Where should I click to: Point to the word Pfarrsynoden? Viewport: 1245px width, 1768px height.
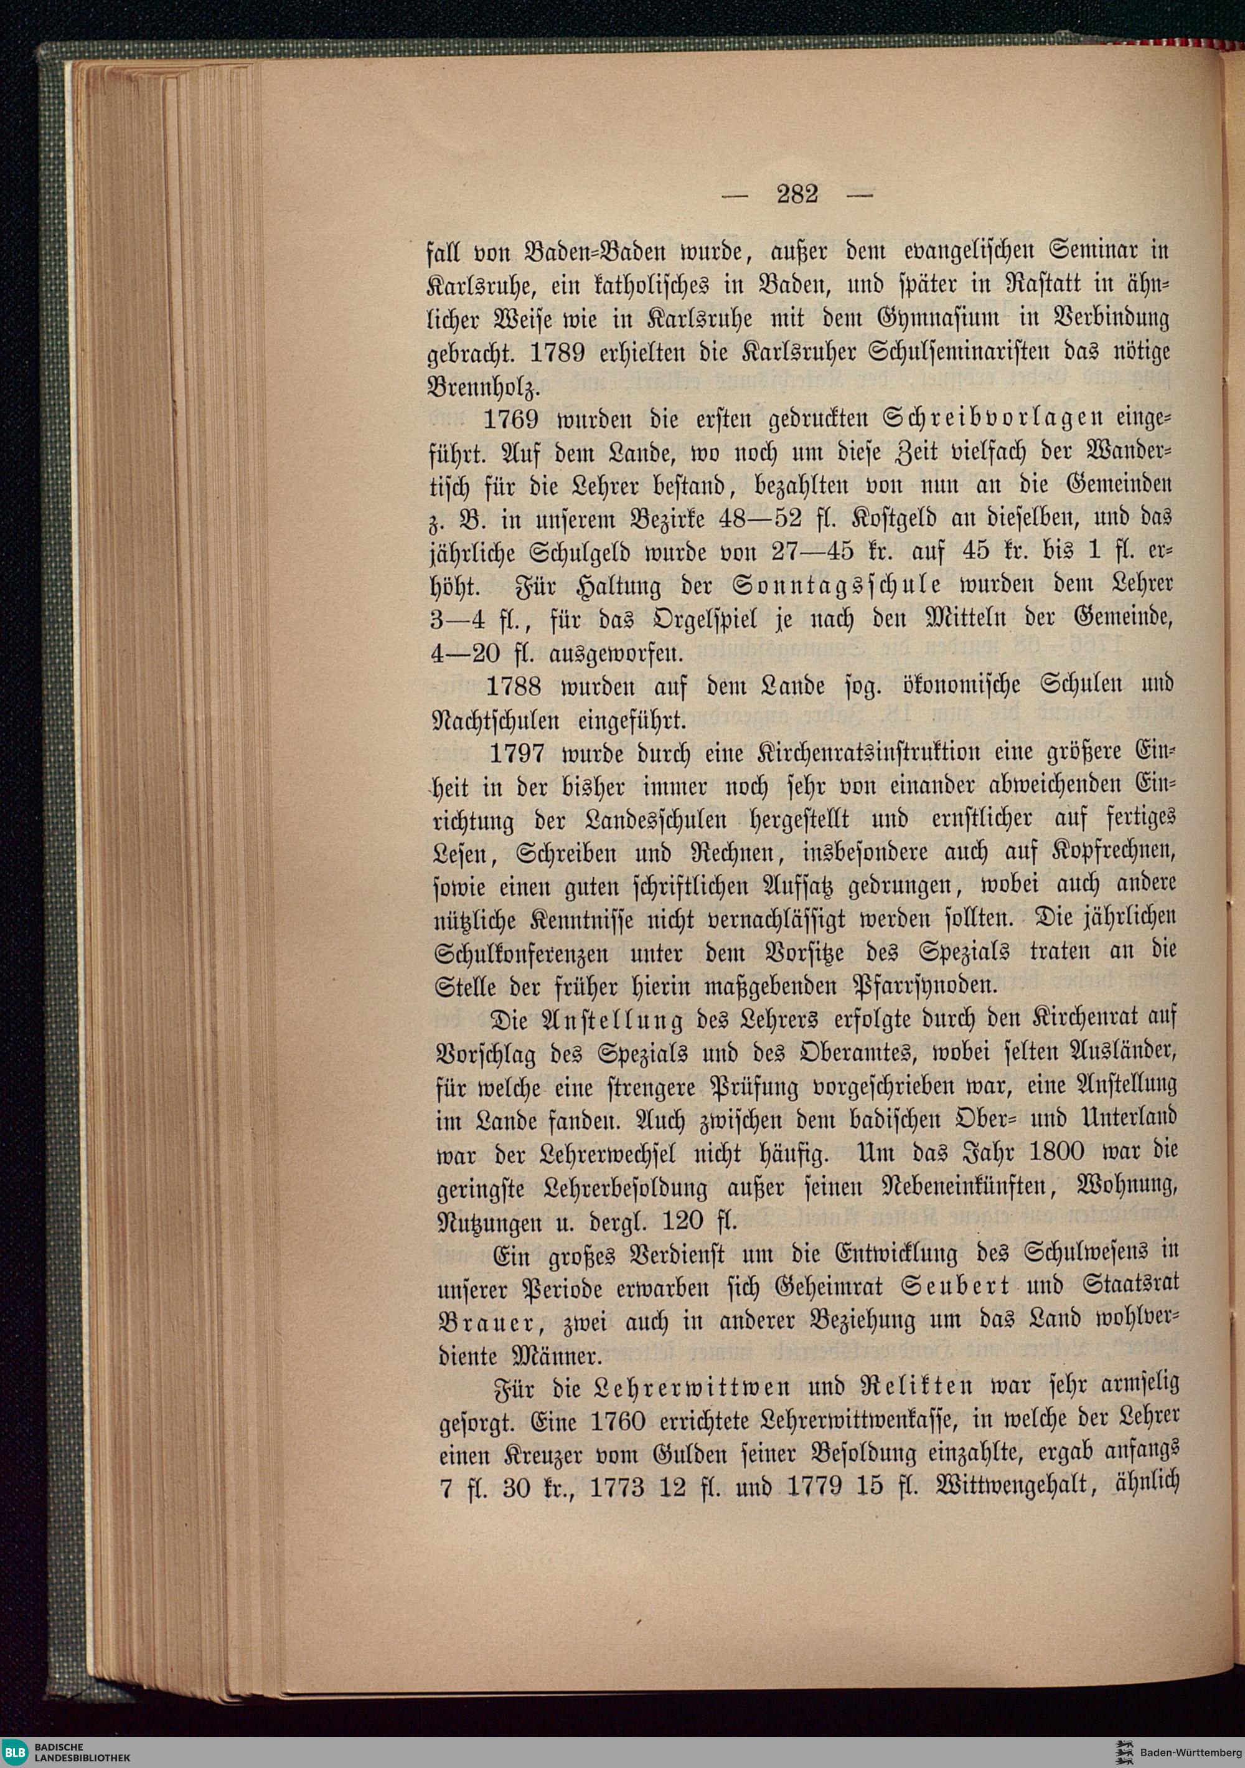pos(897,986)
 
